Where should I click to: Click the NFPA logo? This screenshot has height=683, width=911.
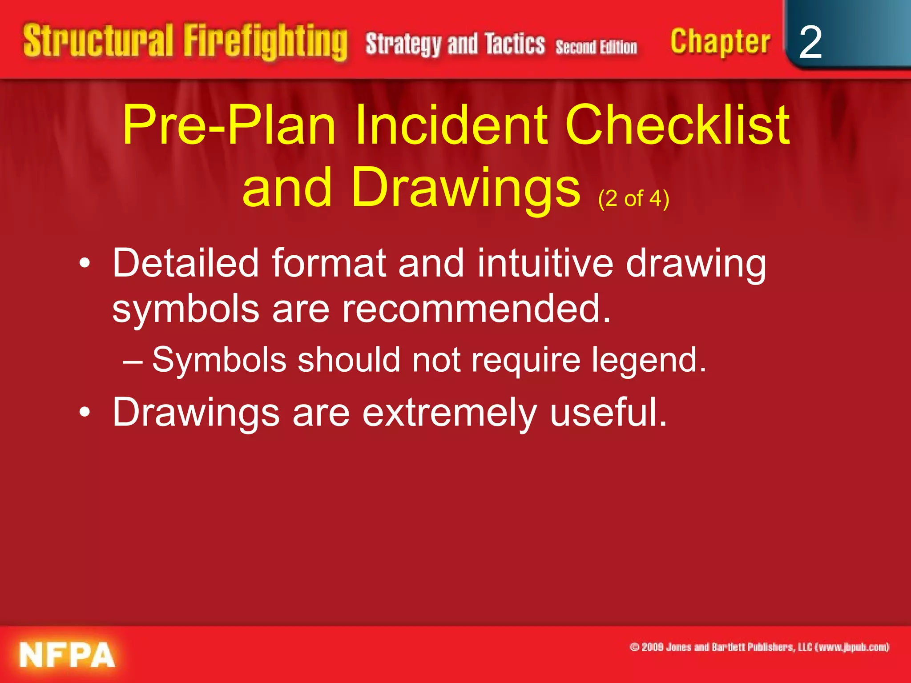67,655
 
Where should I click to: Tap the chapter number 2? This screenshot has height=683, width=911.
810,42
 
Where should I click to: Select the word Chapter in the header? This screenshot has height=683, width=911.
720,42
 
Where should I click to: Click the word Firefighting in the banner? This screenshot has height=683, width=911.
266,42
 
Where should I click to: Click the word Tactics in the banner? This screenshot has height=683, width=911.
515,44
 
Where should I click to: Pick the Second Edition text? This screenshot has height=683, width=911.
596,47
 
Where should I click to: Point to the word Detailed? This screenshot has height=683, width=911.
185,263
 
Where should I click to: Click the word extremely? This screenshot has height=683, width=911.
449,413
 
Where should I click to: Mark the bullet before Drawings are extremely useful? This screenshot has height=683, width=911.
85,413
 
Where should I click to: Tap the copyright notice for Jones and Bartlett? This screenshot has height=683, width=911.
759,647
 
